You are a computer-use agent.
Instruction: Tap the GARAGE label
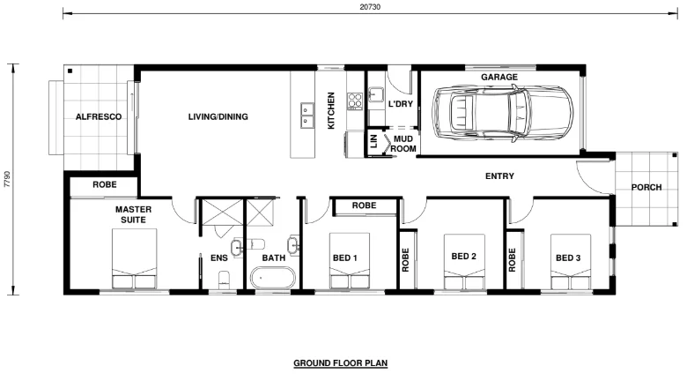point(499,78)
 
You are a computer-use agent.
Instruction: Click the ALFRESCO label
point(97,116)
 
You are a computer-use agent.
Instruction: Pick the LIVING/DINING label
point(218,116)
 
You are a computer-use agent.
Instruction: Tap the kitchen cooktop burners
point(355,101)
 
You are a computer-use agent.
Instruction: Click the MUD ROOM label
point(403,144)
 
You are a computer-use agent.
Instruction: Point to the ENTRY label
point(499,176)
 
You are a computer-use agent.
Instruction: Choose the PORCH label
point(646,187)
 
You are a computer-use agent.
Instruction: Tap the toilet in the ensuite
point(225,280)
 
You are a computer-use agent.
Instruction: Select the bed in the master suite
point(135,260)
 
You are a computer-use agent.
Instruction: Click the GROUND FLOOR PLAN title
point(340,362)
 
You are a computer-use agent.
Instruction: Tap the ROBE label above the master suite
point(104,186)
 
